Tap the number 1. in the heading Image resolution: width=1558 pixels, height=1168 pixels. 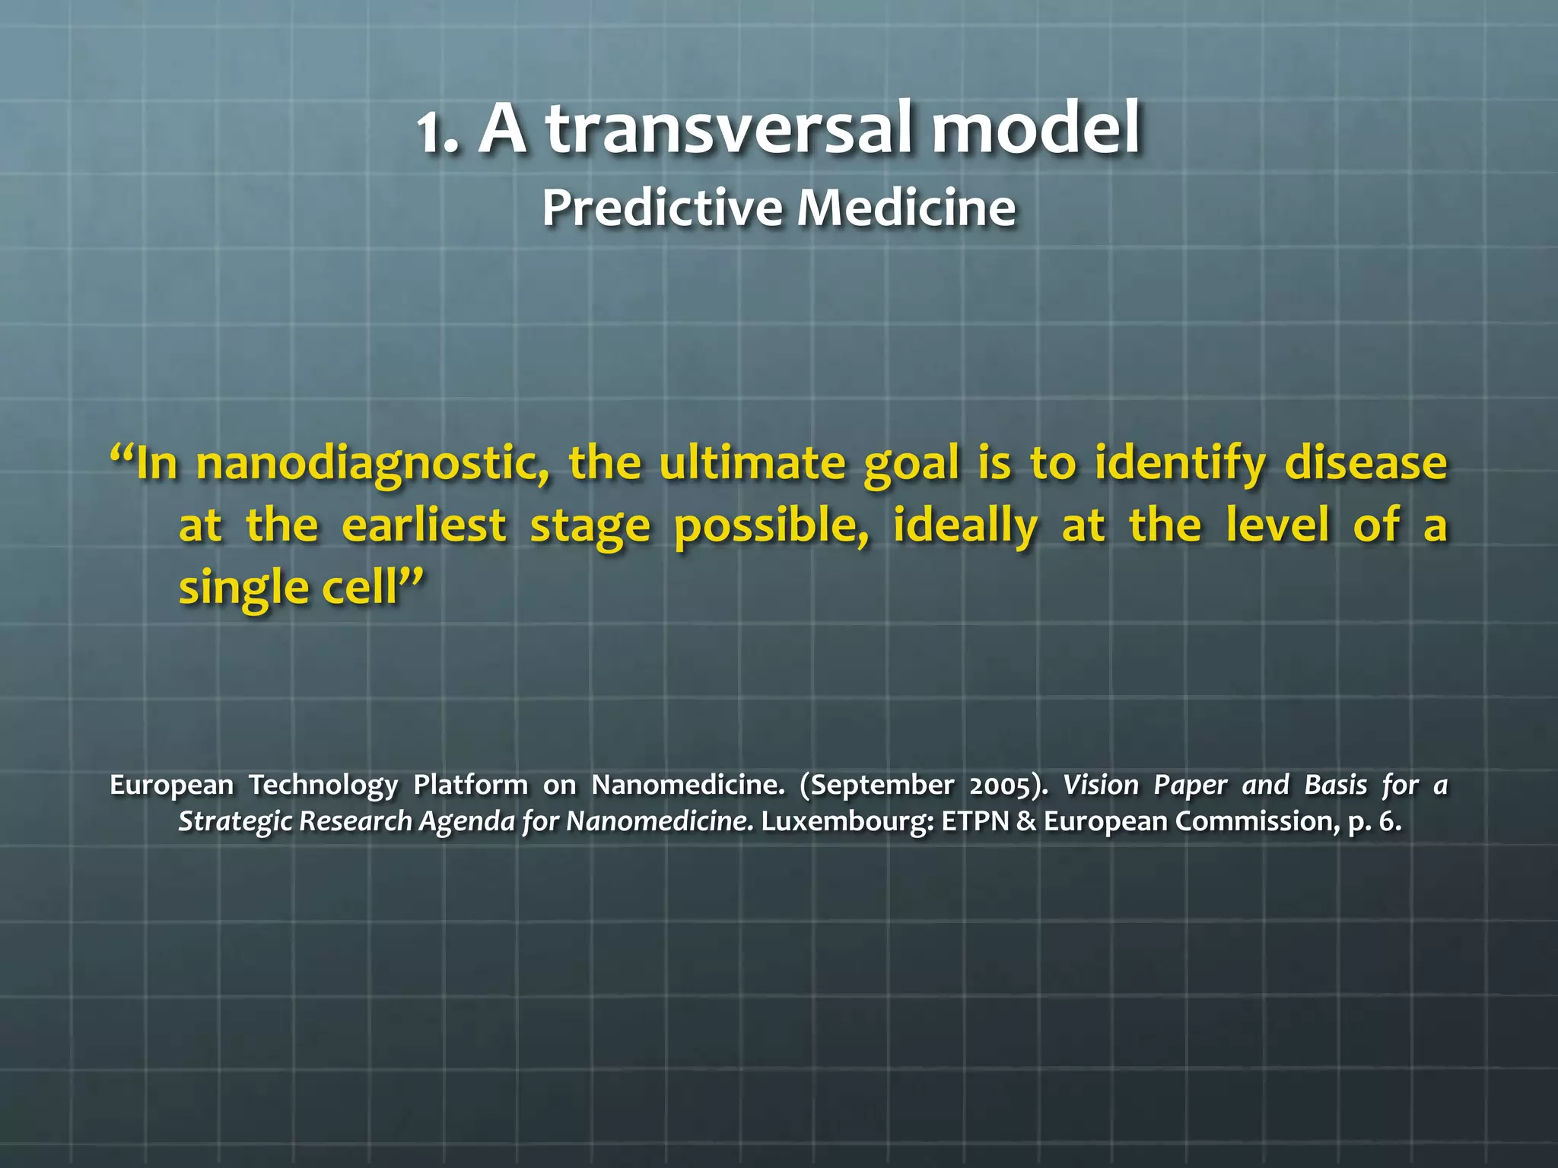click(x=438, y=133)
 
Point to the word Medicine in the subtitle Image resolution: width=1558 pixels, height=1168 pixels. click(x=906, y=208)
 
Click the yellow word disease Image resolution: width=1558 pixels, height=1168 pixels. click(x=1366, y=464)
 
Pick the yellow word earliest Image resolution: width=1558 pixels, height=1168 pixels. click(x=424, y=525)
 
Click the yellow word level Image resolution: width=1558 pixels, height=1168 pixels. click(x=1277, y=525)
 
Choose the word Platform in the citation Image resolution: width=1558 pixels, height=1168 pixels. click(x=470, y=786)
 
